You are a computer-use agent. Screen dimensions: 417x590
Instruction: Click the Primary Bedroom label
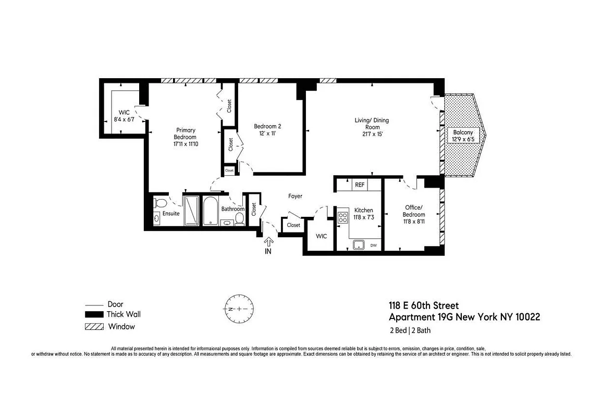[x=186, y=137]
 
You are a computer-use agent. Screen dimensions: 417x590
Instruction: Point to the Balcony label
[x=463, y=136]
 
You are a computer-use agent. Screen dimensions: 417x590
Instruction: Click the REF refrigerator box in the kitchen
[x=359, y=185]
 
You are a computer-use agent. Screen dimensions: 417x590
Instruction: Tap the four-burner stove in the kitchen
[x=343, y=217]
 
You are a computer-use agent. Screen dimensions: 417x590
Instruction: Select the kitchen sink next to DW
[x=359, y=244]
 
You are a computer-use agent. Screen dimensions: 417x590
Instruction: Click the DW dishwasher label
[x=373, y=245]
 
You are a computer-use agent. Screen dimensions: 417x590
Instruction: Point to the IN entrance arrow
[x=269, y=246]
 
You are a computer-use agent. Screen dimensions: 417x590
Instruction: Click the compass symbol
[x=239, y=309]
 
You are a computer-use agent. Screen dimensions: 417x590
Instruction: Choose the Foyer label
[x=295, y=196]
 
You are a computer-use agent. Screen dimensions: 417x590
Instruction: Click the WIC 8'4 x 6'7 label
[x=124, y=116]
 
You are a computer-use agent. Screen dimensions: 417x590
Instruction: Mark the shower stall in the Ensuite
[x=191, y=211]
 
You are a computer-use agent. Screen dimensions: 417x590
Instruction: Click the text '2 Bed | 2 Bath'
[x=410, y=330]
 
